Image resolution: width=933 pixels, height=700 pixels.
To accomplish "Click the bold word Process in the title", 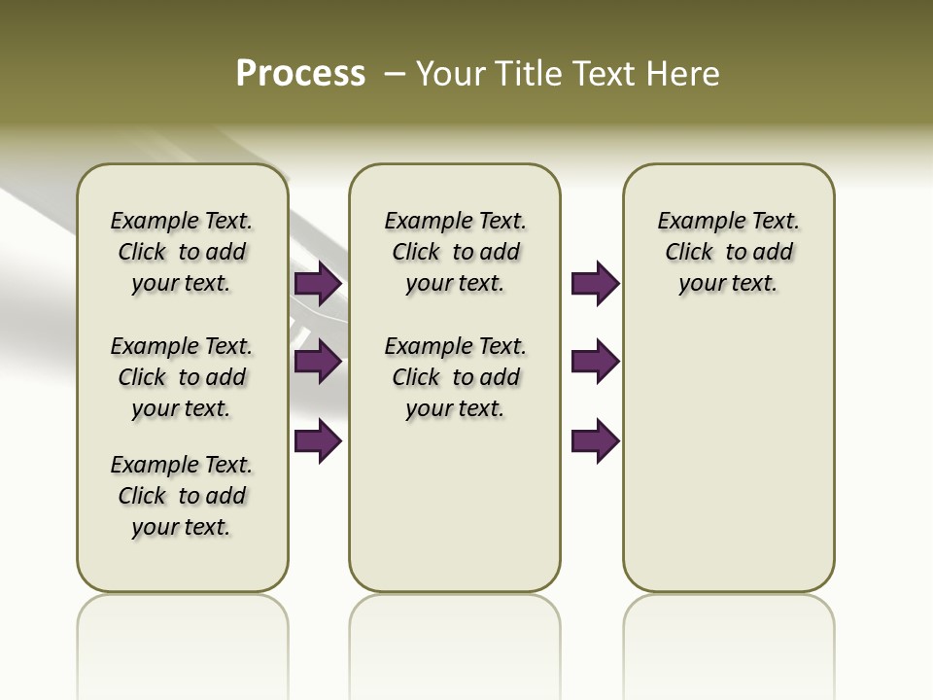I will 300,74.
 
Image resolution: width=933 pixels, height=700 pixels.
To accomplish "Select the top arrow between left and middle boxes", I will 318,284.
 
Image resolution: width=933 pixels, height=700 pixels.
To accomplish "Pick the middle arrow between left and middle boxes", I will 318,363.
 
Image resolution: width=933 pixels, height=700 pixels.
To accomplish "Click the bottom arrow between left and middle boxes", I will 318,441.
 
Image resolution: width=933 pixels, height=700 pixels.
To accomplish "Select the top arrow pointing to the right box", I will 595,284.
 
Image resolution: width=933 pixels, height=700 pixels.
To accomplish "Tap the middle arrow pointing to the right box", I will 595,363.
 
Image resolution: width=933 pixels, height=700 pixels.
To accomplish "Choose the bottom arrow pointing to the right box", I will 595,441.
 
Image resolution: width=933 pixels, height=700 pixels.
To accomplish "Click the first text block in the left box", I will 182,252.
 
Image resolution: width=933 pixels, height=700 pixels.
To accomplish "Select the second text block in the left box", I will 182,377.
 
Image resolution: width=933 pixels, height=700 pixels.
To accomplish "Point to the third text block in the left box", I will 182,496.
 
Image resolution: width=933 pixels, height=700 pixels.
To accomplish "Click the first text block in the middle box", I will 456,252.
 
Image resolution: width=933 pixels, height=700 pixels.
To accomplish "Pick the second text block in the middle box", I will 456,377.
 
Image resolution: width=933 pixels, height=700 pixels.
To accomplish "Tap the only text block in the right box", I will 729,252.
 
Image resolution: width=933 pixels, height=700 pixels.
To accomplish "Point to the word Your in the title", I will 452,74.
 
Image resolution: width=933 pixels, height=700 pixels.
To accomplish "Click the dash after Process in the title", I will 395,74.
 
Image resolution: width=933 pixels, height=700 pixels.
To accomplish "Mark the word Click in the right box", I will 689,253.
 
